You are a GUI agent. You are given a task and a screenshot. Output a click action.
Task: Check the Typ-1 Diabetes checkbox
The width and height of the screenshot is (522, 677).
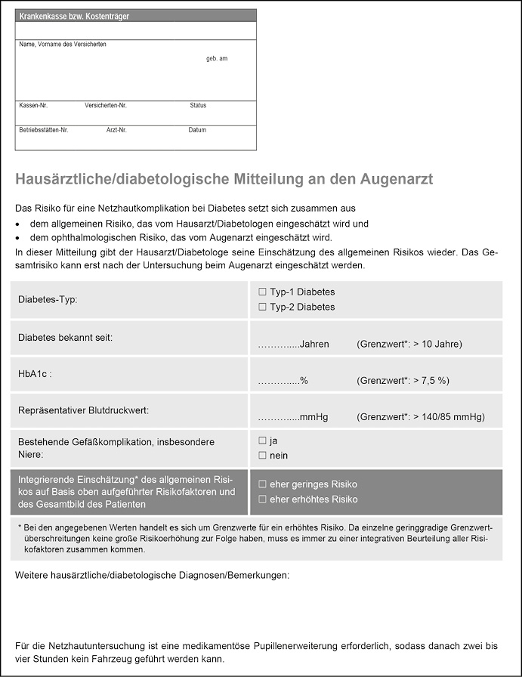pos(262,292)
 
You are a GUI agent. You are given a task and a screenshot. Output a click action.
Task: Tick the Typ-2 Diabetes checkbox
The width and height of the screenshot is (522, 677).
pos(262,307)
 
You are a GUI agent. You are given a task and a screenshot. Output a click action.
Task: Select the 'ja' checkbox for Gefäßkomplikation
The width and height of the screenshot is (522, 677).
pos(262,440)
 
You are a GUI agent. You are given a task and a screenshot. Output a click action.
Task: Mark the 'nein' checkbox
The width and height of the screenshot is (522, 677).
pos(262,455)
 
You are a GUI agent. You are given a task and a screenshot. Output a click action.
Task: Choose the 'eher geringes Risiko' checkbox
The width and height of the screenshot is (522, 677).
pos(262,484)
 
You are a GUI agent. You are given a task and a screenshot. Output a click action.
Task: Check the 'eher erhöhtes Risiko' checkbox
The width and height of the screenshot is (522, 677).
pos(262,499)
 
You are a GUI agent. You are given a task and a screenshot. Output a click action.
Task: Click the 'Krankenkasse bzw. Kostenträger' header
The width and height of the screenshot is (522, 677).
pos(74,16)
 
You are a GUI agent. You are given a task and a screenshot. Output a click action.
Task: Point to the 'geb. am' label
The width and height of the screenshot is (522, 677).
pos(217,59)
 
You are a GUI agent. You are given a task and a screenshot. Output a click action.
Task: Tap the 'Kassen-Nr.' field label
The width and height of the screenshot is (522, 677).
pos(33,106)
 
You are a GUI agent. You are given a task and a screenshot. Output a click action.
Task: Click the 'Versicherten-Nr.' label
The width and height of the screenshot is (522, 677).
pos(106,106)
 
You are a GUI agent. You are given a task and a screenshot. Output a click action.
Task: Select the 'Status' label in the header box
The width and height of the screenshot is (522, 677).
pos(198,106)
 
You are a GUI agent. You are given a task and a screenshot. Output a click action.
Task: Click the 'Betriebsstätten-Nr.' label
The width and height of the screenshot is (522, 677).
pos(44,130)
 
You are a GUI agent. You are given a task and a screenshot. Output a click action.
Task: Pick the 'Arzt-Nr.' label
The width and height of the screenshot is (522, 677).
pos(116,130)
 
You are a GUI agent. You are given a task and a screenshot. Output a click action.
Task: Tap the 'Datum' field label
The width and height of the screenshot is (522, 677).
pos(197,130)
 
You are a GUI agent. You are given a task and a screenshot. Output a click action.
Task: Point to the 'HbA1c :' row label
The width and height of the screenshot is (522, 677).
pos(35,374)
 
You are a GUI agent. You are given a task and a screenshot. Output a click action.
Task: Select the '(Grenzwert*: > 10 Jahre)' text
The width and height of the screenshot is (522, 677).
pos(409,344)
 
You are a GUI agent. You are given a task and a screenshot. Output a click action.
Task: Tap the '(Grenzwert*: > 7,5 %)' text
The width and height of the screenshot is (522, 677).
pos(403,381)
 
